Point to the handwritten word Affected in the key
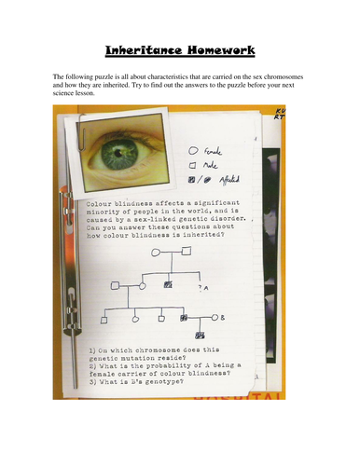click(228, 181)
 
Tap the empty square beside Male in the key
click(193, 166)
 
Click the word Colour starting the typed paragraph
click(98, 201)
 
